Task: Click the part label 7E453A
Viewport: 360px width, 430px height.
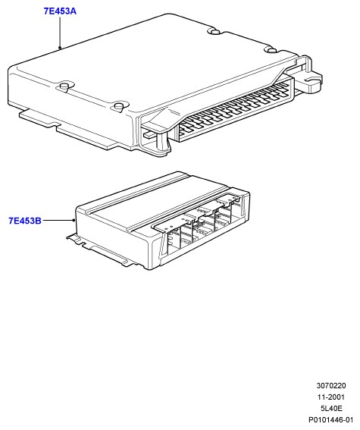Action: (60, 11)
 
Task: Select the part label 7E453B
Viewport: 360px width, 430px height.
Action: (25, 221)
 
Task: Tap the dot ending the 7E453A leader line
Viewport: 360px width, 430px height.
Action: (60, 48)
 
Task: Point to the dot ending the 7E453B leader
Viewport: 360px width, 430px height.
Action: (74, 220)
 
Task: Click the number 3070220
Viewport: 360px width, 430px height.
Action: (331, 385)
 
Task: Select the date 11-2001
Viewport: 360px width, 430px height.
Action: (331, 397)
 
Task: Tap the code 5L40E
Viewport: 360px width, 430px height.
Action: (331, 408)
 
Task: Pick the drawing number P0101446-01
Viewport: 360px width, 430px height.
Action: (331, 420)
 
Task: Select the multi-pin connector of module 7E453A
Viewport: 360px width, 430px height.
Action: (233, 110)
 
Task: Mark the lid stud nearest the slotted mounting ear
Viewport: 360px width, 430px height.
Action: (272, 50)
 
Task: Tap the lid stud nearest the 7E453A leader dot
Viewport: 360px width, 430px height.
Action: (64, 87)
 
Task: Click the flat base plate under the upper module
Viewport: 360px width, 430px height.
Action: (68, 129)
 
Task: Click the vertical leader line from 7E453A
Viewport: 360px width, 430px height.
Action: (60, 32)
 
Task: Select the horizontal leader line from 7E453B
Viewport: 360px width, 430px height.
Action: (58, 220)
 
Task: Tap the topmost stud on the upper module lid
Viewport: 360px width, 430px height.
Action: (215, 31)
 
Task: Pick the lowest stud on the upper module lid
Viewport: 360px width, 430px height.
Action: (120, 106)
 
